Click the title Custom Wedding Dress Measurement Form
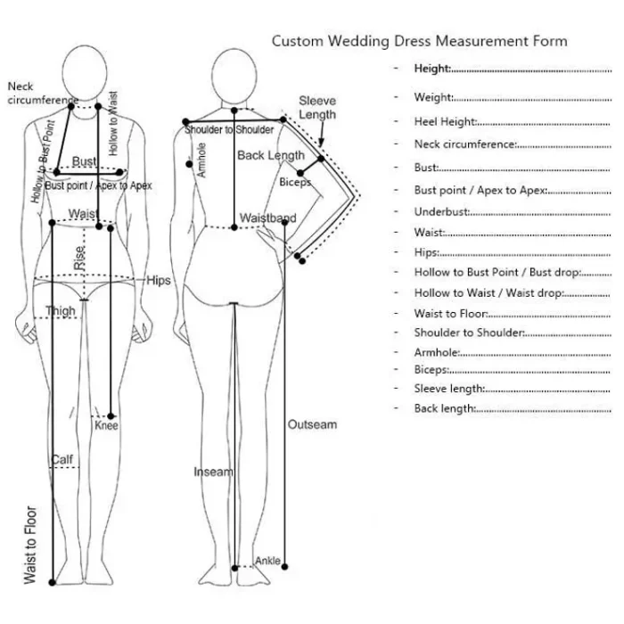click(x=419, y=41)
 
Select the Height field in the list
click(x=432, y=69)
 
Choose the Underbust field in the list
click(x=441, y=212)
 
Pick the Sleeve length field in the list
click(x=449, y=389)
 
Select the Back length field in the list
click(x=445, y=409)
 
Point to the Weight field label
click(x=434, y=98)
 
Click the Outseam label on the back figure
click(x=312, y=425)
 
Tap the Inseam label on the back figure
click(x=213, y=472)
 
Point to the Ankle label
click(x=268, y=561)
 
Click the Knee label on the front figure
click(x=106, y=426)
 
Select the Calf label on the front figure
click(x=62, y=460)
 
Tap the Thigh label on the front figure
click(x=61, y=311)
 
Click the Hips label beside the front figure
click(x=159, y=281)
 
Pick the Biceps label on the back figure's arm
click(x=295, y=183)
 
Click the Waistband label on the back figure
click(x=267, y=218)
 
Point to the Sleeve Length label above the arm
click(x=317, y=108)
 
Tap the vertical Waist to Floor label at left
click(x=30, y=546)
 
